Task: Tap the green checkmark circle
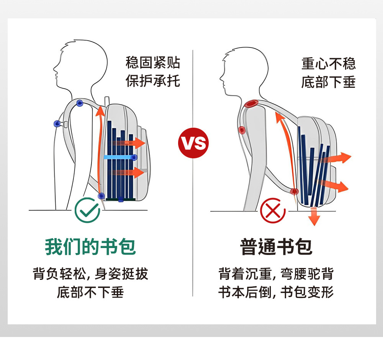tap(87, 210)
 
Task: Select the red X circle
tap(273, 210)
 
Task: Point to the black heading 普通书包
tap(276, 247)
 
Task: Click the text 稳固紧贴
tap(153, 62)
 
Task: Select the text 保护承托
tap(153, 81)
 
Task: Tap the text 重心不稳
tap(329, 64)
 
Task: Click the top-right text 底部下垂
tap(329, 82)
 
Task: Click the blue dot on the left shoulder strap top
tap(80, 103)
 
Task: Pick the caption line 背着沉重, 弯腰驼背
tap(276, 274)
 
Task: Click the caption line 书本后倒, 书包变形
tap(276, 293)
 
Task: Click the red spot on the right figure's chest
tap(242, 130)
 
